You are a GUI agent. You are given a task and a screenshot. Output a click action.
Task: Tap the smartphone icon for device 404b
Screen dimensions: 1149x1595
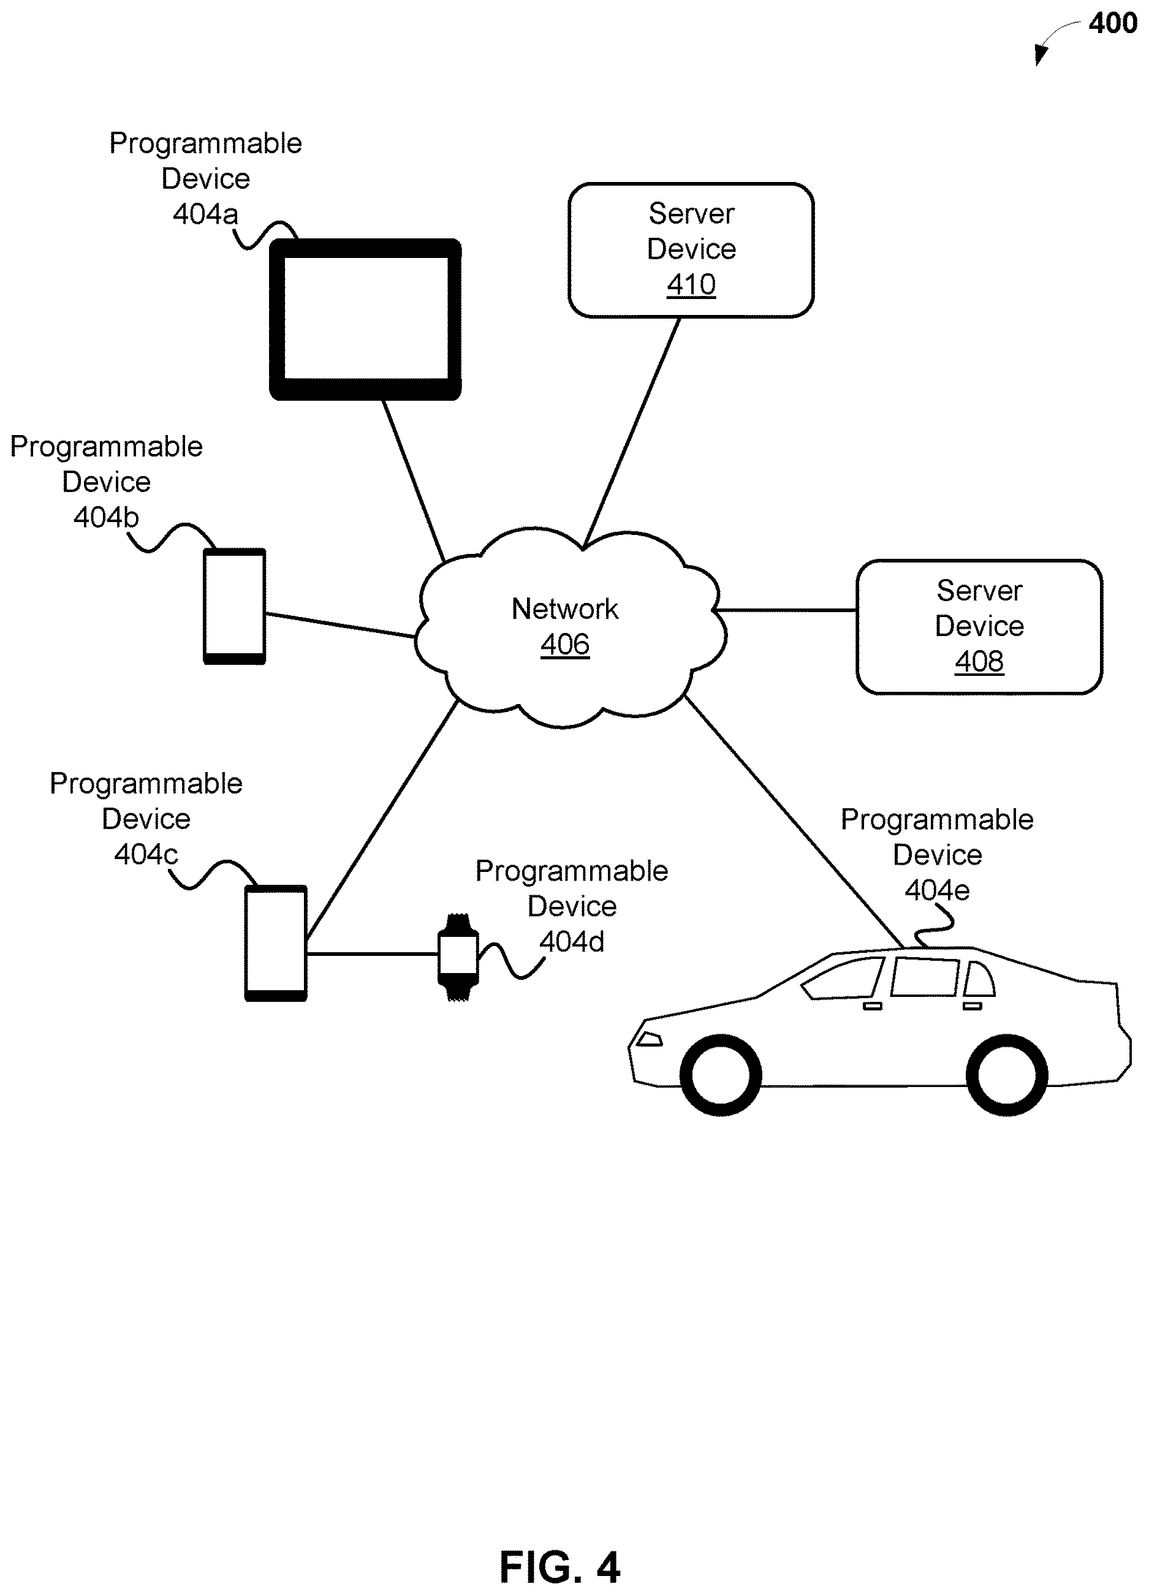234,606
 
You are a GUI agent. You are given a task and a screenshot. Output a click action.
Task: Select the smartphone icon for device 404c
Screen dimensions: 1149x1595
276,943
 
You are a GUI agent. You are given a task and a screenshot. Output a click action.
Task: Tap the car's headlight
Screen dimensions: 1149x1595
649,1039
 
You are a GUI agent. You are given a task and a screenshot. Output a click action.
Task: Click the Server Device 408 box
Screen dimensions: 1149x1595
979,627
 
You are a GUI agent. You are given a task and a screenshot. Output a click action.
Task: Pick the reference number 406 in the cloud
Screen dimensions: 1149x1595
564,644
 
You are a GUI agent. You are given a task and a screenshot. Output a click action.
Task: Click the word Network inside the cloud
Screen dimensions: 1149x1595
564,609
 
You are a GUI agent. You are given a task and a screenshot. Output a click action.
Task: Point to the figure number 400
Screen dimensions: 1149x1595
1112,23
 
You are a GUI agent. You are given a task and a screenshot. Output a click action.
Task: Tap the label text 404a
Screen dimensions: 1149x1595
205,214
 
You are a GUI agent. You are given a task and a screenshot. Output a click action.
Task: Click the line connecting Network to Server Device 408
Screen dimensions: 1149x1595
786,610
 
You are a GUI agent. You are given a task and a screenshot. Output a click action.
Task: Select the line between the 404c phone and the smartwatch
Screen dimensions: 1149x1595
372,954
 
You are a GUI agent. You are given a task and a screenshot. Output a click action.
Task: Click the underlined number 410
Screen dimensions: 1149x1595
691,285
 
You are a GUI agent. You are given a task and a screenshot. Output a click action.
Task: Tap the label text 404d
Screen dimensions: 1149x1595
572,942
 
